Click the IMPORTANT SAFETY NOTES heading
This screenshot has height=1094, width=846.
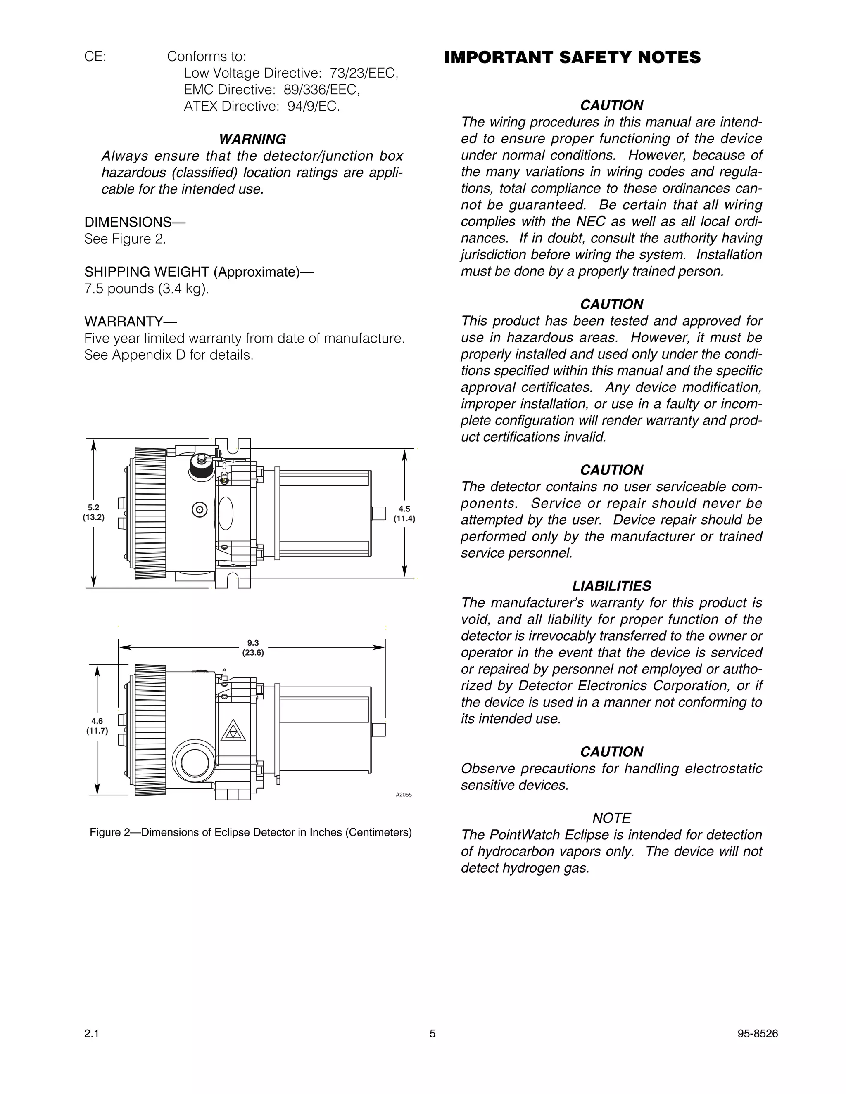click(572, 58)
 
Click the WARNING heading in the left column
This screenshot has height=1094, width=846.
click(252, 139)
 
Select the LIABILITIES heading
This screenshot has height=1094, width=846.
click(611, 585)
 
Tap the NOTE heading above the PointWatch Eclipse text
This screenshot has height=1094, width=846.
click(611, 818)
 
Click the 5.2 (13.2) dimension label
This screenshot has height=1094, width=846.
click(94, 512)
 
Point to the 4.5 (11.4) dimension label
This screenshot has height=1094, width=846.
click(404, 514)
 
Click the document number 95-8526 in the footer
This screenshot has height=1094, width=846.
click(757, 1034)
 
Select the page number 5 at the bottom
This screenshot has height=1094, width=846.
click(433, 1034)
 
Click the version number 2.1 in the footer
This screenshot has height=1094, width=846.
click(92, 1034)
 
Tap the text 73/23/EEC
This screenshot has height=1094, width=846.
click(364, 73)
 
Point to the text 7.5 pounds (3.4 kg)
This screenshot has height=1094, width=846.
click(146, 289)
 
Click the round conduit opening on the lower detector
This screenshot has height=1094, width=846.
click(195, 764)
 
